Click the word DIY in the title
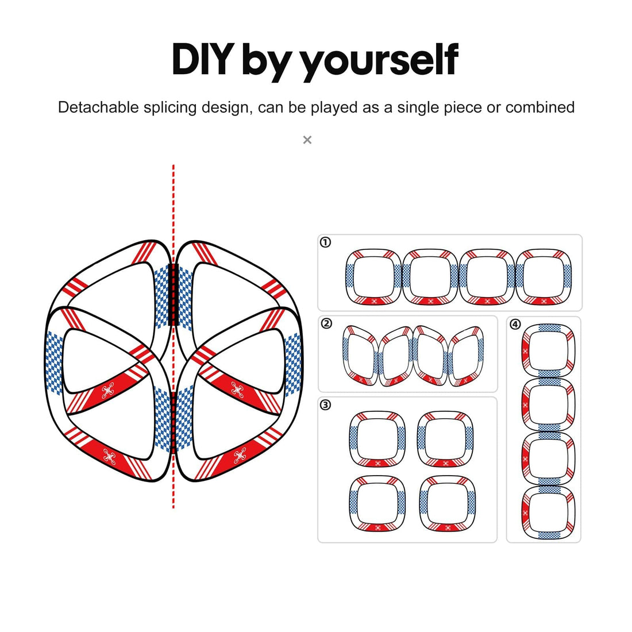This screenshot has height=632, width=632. (x=203, y=59)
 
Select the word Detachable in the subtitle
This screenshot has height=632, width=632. (x=98, y=107)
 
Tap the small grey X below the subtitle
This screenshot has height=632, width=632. (x=307, y=140)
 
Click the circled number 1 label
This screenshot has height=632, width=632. (x=325, y=242)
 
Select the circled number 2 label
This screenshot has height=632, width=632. (x=326, y=323)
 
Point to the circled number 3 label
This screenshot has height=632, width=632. (x=325, y=404)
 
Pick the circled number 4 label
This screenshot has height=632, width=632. (x=515, y=324)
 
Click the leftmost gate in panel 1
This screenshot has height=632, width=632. (x=348, y=276)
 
